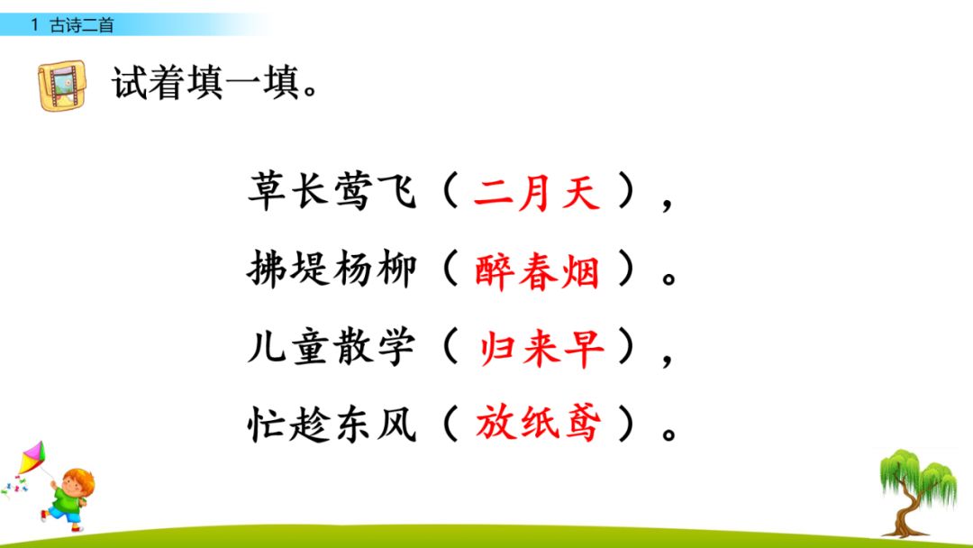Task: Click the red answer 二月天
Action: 537,193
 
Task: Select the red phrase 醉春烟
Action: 538,270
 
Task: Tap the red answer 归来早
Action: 541,348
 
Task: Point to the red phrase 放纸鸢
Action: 538,424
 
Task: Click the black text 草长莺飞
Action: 331,193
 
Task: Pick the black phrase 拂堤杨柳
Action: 331,270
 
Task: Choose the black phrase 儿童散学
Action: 331,348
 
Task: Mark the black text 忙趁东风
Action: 331,424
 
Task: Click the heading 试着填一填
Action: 216,84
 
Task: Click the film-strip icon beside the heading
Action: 62,86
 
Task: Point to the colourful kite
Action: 31,460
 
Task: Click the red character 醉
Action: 494,270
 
